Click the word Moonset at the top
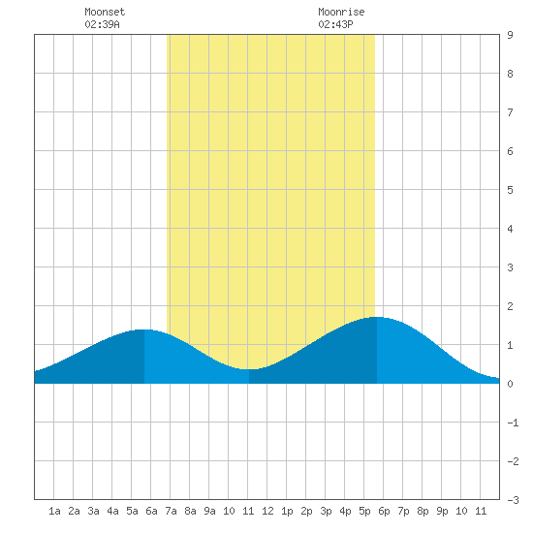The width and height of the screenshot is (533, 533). [x=105, y=12]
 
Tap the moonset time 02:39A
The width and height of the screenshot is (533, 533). [x=102, y=24]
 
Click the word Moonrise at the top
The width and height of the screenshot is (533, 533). [x=341, y=12]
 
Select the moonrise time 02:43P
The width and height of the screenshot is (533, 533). [x=335, y=24]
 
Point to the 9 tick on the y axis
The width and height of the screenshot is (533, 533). [x=510, y=35]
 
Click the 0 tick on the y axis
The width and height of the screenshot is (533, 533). [x=510, y=384]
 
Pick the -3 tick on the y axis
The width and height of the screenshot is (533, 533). [x=513, y=500]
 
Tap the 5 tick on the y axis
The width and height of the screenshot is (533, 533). [x=510, y=190]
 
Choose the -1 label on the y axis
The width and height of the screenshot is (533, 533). [x=513, y=423]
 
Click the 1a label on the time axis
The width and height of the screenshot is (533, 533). [x=54, y=511]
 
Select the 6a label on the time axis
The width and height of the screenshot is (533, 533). [x=151, y=511]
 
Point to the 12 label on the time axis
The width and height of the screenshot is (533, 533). [x=267, y=511]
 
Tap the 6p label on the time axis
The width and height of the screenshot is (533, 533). [x=384, y=511]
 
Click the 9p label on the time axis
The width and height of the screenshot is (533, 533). [x=442, y=511]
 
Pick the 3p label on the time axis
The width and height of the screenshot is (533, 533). [x=326, y=511]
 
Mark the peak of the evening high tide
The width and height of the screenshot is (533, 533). [x=377, y=317]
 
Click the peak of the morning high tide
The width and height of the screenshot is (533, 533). [x=144, y=329]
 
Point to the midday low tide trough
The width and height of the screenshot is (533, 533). [x=249, y=369]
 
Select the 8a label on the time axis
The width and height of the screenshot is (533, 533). [x=190, y=511]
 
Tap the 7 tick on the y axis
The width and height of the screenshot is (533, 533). [x=510, y=112]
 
